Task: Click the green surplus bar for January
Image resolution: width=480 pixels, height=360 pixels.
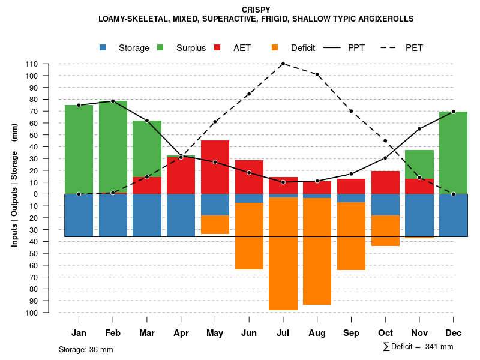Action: pos(79,149)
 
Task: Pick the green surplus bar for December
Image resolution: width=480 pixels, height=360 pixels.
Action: pos(453,152)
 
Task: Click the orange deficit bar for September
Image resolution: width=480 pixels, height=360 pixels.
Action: pos(351,236)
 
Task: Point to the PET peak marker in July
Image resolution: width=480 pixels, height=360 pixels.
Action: pos(283,64)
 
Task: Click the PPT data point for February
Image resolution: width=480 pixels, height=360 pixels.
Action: pos(113,101)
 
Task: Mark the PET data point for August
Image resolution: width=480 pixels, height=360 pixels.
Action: pos(317,74)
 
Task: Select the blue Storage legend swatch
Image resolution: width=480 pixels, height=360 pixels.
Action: pos(103,48)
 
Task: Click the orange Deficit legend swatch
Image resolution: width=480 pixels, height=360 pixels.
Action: pos(275,48)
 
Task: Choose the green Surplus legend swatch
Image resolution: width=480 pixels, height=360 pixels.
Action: pos(160,48)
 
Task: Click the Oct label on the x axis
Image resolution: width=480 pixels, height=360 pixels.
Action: pos(385,333)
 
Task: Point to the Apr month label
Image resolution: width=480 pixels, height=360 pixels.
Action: pos(181,333)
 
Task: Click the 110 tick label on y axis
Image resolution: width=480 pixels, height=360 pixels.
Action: pos(32,64)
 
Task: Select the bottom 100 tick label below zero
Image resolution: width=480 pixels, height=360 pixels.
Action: pos(32,313)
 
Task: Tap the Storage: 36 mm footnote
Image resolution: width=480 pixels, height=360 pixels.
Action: pos(86,349)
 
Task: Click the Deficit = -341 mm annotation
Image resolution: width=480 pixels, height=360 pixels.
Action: pos(418,347)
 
